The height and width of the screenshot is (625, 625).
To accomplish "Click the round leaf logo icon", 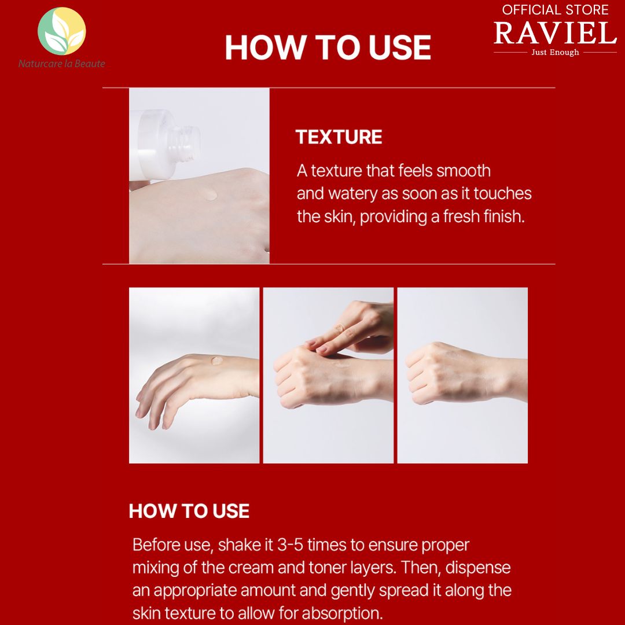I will (x=61, y=31).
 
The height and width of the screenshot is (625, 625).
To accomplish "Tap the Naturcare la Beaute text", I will (x=61, y=64).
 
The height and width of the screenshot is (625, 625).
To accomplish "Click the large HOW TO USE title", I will (x=328, y=47).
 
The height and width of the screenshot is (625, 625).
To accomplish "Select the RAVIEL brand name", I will (x=555, y=33).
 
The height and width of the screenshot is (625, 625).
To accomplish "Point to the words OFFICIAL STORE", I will (x=555, y=10).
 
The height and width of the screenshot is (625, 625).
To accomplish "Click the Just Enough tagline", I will (x=555, y=52).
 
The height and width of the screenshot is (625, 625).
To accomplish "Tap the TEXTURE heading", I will (x=339, y=137).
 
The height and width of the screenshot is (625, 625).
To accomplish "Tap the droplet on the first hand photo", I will (x=218, y=361).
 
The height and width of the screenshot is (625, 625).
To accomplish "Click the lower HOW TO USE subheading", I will (x=189, y=511).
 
